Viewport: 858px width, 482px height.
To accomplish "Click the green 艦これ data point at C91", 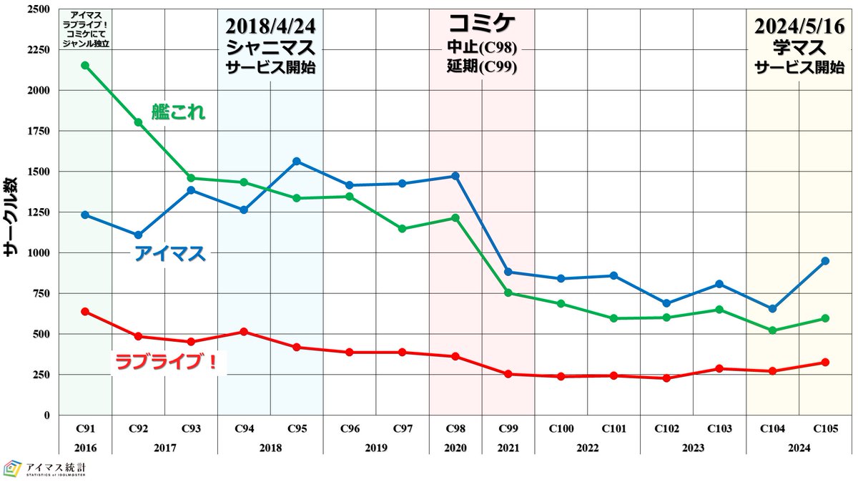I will [x=85, y=65].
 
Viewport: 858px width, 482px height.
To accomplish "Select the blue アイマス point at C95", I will [x=297, y=161].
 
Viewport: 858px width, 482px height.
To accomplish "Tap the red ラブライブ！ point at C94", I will [x=244, y=332].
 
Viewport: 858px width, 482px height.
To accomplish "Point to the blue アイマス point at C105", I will [x=825, y=261].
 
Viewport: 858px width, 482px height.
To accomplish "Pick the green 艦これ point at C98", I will [x=455, y=217].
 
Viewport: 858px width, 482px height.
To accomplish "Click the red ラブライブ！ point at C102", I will [x=666, y=378].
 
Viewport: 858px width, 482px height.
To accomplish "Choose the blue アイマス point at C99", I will [x=508, y=272].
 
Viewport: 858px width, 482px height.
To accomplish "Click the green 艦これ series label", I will [x=178, y=112].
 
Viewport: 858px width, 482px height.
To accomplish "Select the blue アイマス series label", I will [x=170, y=254].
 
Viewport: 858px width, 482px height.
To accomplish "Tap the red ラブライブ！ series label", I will [x=169, y=363].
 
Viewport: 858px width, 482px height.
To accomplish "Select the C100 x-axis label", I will [x=561, y=429].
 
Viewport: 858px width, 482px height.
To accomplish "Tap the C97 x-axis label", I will [x=402, y=429].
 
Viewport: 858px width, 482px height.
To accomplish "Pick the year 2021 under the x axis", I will [x=508, y=448].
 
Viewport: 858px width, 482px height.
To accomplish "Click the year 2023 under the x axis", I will [x=693, y=448].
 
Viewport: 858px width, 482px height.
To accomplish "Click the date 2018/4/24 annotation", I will [x=270, y=26].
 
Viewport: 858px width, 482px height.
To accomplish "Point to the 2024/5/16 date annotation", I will [x=799, y=26].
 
